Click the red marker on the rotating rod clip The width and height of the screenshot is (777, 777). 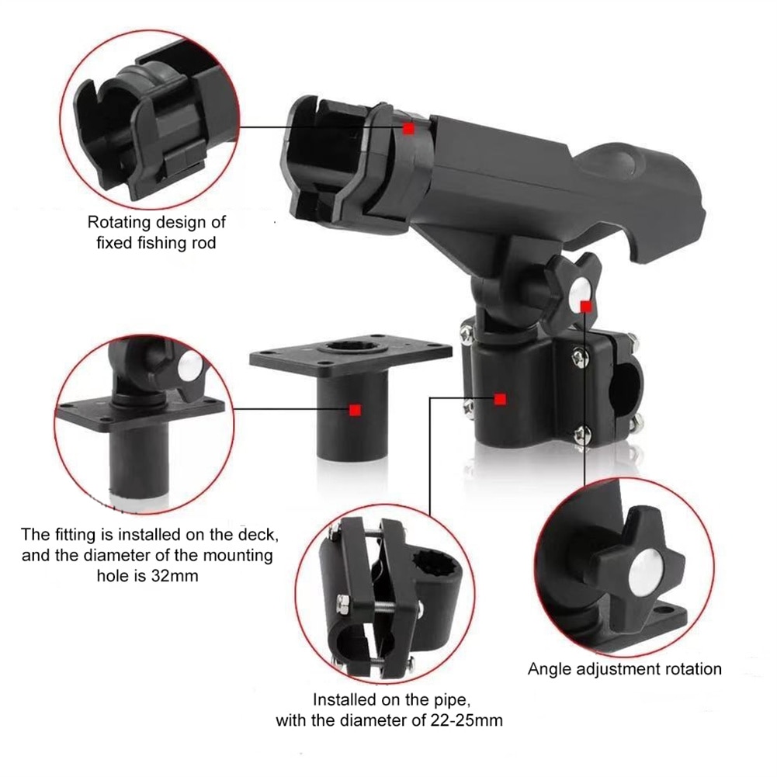pyautogui.click(x=409, y=129)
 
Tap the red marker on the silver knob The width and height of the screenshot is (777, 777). pyautogui.click(x=586, y=307)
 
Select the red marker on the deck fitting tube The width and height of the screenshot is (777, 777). pyautogui.click(x=355, y=410)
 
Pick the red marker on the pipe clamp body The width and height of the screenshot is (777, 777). pyautogui.click(x=500, y=399)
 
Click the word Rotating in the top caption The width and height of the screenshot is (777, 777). pyautogui.click(x=120, y=223)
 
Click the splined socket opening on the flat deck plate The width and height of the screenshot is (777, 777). pyautogui.click(x=351, y=345)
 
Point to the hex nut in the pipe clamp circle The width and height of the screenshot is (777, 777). pyautogui.click(x=342, y=602)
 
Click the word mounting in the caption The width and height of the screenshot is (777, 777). pyautogui.click(x=234, y=556)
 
